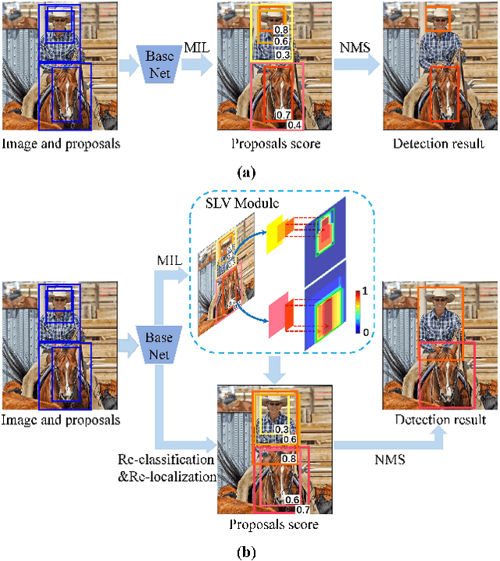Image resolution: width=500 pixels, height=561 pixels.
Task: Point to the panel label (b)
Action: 248,552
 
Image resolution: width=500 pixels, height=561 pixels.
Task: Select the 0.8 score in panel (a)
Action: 281,29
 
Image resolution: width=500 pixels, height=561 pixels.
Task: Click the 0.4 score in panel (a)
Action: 295,125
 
